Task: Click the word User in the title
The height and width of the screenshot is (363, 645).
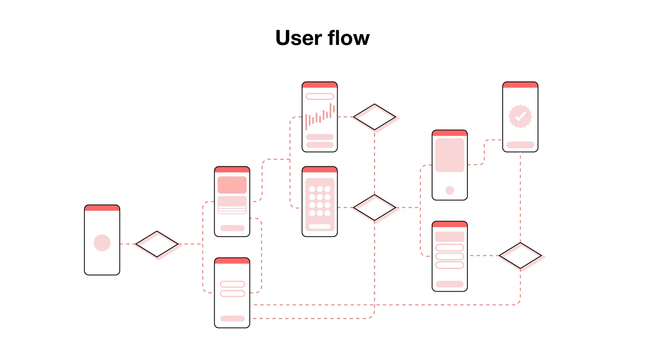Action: point(298,38)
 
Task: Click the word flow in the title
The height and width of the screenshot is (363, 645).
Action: point(349,38)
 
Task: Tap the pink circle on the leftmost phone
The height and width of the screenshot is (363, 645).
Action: point(102,243)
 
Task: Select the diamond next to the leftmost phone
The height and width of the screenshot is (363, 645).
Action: point(157,244)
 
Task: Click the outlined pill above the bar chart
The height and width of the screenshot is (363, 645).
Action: point(320,96)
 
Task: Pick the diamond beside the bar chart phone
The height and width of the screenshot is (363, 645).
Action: point(375,117)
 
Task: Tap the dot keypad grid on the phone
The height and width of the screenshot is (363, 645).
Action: point(320,201)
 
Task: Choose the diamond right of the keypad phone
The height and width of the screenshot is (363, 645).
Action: point(375,208)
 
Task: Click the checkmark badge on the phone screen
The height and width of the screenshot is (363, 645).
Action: point(520,116)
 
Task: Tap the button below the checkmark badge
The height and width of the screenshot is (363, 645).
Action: point(520,145)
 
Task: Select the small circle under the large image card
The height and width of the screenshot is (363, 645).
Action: point(450,190)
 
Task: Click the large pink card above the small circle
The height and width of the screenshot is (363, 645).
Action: point(450,155)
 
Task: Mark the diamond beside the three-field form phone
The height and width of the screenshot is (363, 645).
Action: point(520,255)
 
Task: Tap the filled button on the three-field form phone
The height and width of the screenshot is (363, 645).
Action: point(450,284)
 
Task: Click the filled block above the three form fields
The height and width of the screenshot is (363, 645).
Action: point(450,237)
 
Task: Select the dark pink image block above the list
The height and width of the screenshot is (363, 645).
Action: point(232,185)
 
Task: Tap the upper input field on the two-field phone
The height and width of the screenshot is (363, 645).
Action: point(232,284)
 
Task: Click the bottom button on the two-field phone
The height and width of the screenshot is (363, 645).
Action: point(232,318)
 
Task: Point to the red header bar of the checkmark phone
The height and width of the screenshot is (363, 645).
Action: point(520,85)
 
